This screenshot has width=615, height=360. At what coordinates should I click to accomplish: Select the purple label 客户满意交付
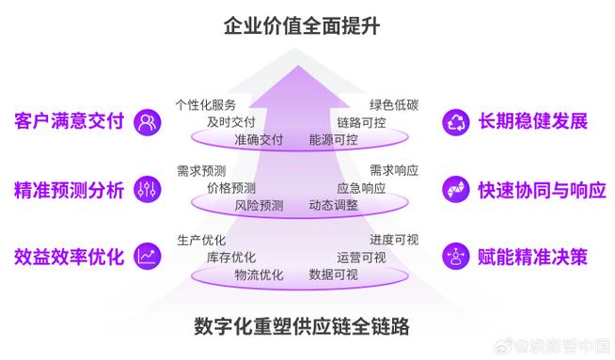tap(70, 121)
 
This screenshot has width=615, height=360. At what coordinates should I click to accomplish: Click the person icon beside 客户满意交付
tap(148, 121)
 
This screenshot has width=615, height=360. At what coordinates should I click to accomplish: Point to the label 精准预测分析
tap(70, 189)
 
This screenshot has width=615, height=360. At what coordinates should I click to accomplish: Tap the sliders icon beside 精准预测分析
tap(148, 189)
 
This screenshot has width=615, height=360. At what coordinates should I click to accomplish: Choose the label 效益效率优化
tap(70, 256)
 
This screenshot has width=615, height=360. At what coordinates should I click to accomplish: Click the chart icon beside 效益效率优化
tap(148, 256)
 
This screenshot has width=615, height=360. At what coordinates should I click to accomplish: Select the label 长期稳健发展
tap(532, 121)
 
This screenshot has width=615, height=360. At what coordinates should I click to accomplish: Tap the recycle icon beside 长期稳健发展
tap(456, 121)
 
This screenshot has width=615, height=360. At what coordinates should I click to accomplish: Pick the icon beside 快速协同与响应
tap(456, 189)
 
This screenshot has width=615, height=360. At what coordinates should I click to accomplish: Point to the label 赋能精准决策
tap(532, 256)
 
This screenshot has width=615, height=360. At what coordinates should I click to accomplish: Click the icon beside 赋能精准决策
tap(456, 256)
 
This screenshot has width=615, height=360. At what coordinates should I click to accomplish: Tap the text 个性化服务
tap(206, 104)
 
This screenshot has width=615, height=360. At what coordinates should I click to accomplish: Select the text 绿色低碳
tap(393, 104)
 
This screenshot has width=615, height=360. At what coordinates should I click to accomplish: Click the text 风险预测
tap(259, 205)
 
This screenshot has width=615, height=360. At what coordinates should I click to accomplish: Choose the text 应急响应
tap(361, 188)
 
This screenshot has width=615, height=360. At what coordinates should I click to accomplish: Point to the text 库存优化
tap(231, 257)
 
